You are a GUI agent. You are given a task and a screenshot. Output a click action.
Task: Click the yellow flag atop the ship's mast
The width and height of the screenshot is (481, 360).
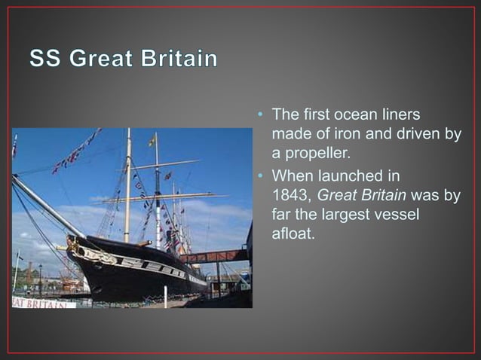tap(152, 139)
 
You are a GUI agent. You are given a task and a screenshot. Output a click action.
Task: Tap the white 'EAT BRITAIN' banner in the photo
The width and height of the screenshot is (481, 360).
tap(43, 303)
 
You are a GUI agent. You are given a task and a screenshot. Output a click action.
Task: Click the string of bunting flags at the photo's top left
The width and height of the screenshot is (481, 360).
tap(75, 151)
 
